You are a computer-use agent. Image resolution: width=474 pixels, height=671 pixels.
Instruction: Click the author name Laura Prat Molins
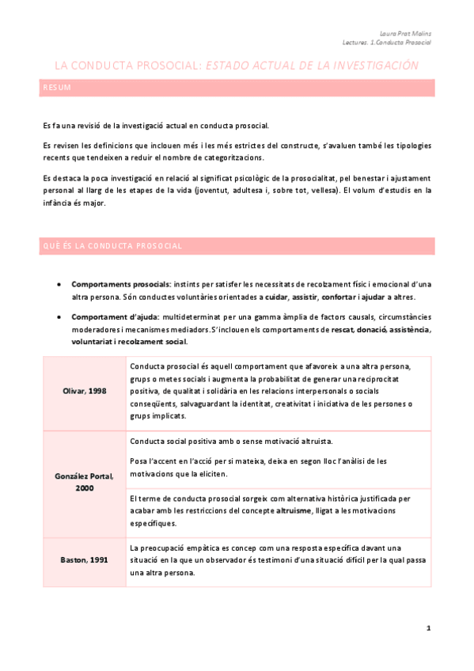click(411, 34)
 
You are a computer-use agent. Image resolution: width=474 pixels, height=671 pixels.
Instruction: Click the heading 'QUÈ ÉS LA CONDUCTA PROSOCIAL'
click(111, 246)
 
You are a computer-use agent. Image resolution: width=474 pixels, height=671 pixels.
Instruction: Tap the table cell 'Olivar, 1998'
click(84, 391)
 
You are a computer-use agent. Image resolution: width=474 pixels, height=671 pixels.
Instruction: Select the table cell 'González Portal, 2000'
click(84, 482)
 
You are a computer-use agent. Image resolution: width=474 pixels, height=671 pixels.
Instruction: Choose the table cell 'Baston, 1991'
click(84, 560)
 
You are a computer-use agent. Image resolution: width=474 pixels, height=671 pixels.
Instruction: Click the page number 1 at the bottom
click(428, 628)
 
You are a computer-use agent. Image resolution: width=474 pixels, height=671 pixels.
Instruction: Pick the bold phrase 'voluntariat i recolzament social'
click(129, 342)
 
